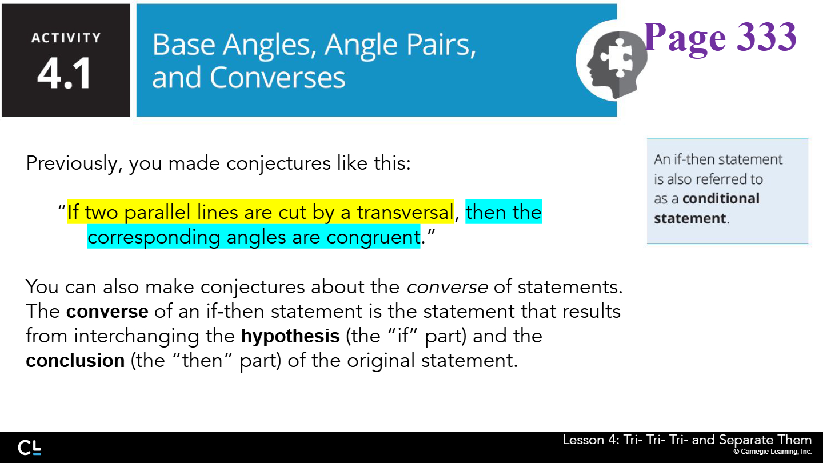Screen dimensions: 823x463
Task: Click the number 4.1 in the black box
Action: (x=64, y=74)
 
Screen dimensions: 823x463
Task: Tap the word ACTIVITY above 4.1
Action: (x=66, y=38)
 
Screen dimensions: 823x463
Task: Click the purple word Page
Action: (x=685, y=39)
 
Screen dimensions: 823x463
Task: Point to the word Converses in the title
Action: (x=277, y=78)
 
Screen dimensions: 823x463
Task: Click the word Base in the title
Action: (x=183, y=45)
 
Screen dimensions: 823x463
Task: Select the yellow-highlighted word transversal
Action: (x=405, y=213)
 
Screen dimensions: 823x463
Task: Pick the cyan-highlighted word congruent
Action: (x=373, y=238)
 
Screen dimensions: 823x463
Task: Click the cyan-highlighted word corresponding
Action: (x=154, y=238)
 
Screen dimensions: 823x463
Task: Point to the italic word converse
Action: (x=447, y=287)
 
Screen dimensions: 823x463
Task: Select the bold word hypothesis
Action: (x=290, y=336)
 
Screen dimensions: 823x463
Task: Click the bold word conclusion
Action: (x=75, y=361)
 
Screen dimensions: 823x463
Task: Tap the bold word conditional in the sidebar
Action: (x=721, y=198)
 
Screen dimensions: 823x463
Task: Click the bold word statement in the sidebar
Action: (x=690, y=218)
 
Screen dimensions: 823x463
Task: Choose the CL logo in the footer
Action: (x=30, y=448)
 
